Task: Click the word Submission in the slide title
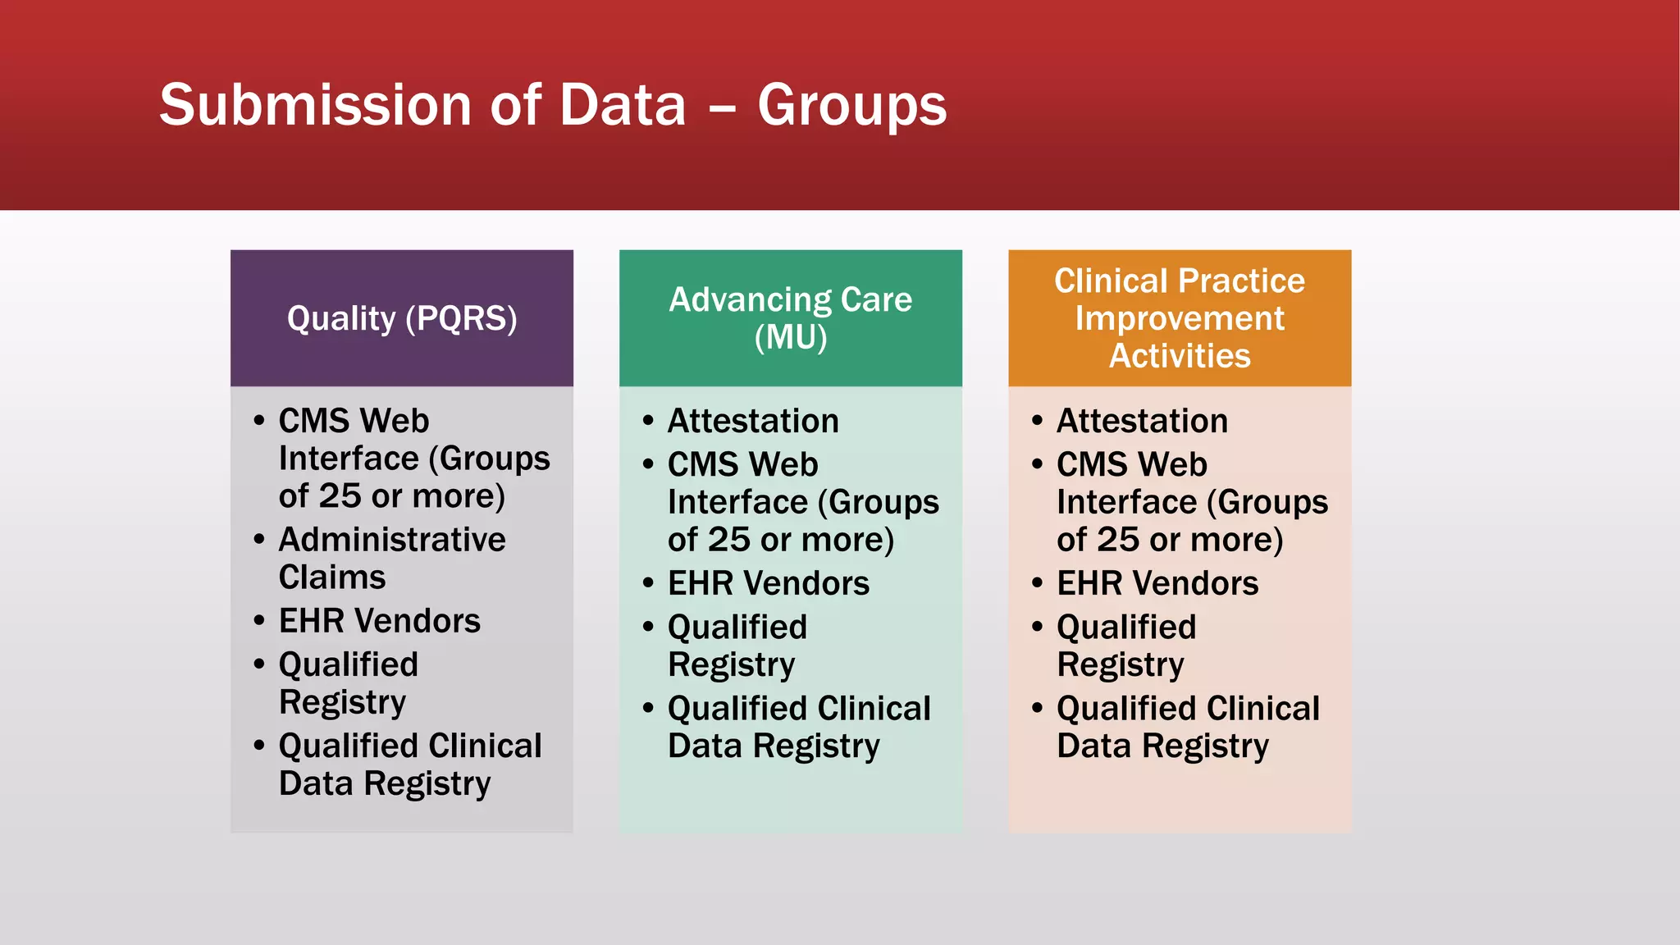[315, 105]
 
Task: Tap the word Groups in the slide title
[851, 107]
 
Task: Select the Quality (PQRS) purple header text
[402, 318]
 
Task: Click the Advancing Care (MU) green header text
[790, 318]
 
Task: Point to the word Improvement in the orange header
[1179, 318]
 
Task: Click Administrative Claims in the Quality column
[391, 558]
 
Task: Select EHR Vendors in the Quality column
[379, 621]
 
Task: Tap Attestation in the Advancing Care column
[752, 421]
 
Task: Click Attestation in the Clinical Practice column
[1141, 421]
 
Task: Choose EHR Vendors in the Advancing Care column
[768, 583]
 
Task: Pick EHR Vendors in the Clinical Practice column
[1157, 583]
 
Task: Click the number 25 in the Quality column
[340, 496]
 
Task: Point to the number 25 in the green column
[728, 540]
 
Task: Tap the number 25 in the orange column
[1117, 540]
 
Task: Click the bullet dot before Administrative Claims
[259, 540]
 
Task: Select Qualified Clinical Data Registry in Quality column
[409, 764]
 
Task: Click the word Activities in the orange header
[1179, 356]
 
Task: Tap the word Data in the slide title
[622, 105]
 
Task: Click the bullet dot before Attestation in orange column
[1037, 421]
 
